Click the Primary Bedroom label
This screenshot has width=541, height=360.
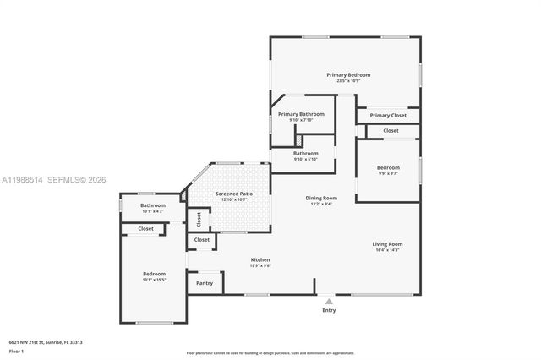tap(348, 75)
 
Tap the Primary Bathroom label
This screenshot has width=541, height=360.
tap(301, 114)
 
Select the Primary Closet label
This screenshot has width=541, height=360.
tap(388, 115)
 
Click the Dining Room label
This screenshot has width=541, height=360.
tap(321, 198)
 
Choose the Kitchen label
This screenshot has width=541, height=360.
tap(260, 259)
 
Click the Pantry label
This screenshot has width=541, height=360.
tap(205, 284)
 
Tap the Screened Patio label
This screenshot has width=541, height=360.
tap(232, 194)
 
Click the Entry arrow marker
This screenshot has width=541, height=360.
tap(329, 299)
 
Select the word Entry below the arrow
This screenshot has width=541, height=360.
tap(329, 310)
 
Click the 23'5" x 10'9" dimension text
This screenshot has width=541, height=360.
tap(348, 81)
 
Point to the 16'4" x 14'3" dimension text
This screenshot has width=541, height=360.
tap(387, 250)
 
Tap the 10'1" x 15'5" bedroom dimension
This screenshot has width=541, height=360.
tap(154, 280)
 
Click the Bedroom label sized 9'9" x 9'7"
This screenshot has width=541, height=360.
tap(387, 167)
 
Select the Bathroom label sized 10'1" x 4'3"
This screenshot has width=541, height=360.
tap(153, 205)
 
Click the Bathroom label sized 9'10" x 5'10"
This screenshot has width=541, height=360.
tap(306, 153)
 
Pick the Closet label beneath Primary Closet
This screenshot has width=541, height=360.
tap(391, 131)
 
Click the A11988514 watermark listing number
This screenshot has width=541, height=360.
tap(24, 179)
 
